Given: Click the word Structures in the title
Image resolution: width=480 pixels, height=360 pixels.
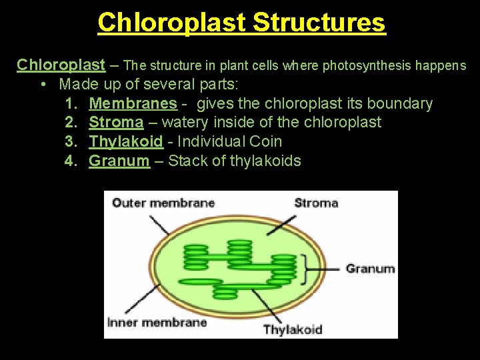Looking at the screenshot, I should (x=319, y=22).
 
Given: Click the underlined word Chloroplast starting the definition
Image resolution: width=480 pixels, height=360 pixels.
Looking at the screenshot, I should (x=61, y=65).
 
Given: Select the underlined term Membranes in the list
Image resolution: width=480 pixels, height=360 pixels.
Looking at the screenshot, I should (x=133, y=103).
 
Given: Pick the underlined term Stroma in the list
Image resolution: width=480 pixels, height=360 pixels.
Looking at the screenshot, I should (x=116, y=123).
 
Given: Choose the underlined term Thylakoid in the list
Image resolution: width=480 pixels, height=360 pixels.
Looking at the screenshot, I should (x=125, y=141).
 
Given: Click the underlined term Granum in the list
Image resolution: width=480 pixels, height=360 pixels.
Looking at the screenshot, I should (x=119, y=161).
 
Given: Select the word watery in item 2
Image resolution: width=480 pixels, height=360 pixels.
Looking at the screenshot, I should (x=184, y=123).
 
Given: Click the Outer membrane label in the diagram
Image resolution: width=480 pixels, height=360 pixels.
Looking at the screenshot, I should (x=163, y=203).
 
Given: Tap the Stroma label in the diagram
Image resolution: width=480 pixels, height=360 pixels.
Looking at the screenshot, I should (x=316, y=203).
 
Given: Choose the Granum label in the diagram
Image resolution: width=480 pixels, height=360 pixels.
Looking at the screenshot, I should (x=370, y=269).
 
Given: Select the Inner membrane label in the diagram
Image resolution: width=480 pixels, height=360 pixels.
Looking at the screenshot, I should (x=157, y=323).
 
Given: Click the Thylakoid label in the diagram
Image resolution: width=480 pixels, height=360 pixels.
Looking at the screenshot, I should (x=293, y=329).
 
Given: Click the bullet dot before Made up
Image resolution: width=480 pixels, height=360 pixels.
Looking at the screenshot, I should (x=43, y=85).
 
